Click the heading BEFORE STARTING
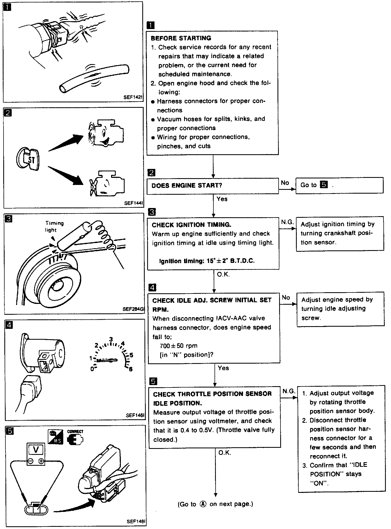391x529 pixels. (x=181, y=38)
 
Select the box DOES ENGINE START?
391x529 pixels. (x=213, y=186)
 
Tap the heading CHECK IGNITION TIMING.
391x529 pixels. (x=191, y=225)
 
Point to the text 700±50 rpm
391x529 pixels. (x=178, y=346)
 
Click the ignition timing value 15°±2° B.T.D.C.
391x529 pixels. (x=207, y=261)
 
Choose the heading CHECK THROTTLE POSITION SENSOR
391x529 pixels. (x=212, y=394)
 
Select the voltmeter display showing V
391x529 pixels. (x=36, y=450)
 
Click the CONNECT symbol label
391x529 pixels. (x=75, y=432)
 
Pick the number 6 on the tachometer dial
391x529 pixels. (x=131, y=369)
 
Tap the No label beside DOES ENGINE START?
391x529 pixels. (x=285, y=183)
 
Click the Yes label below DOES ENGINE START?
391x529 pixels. (x=222, y=199)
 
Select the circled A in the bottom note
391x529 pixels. (x=203, y=504)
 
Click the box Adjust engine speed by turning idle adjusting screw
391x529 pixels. (x=340, y=309)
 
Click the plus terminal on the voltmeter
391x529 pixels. (x=41, y=461)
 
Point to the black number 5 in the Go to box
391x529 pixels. (x=324, y=185)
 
